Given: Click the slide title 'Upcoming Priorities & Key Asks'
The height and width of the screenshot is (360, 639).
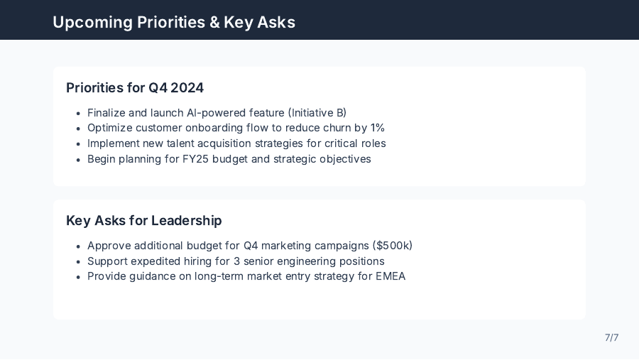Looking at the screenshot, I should click(174, 22).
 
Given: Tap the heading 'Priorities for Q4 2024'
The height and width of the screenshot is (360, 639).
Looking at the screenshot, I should click(135, 88).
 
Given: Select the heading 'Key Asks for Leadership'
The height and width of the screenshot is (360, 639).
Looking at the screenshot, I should click(144, 221).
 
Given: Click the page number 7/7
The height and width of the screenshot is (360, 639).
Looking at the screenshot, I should click(611, 337).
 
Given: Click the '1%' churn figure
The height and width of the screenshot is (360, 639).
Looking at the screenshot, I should click(377, 128).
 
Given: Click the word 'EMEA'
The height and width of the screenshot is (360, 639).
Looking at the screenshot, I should click(390, 276).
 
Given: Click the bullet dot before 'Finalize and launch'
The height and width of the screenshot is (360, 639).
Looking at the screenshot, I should click(77, 113).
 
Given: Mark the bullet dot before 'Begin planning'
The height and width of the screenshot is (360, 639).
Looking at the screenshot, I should click(77, 159).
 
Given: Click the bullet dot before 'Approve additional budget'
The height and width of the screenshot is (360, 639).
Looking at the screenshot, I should click(77, 246).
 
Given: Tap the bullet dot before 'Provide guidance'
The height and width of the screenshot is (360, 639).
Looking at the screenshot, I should click(77, 276).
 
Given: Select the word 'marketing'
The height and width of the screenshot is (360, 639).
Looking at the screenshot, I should click(288, 246).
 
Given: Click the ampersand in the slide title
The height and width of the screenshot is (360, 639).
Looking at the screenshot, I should click(214, 22).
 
